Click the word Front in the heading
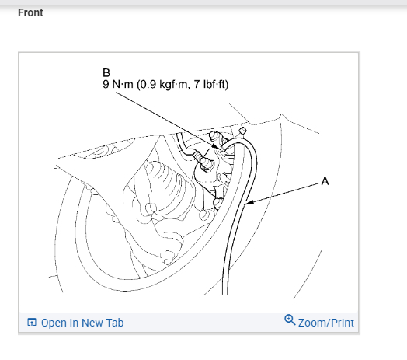[x=30, y=12]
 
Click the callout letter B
[x=106, y=73]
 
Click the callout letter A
[x=325, y=181]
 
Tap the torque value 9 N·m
[x=118, y=84]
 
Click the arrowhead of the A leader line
[x=249, y=202]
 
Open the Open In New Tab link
[x=82, y=323]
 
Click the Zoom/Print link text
[x=326, y=323]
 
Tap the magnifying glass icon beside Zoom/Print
[x=290, y=320]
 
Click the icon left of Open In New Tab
[x=32, y=323]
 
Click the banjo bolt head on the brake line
[x=207, y=164]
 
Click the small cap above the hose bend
[x=242, y=131]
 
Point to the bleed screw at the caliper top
[x=214, y=135]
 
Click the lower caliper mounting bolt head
[x=218, y=203]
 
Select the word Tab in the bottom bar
[x=115, y=323]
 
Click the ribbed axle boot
[x=166, y=187]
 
